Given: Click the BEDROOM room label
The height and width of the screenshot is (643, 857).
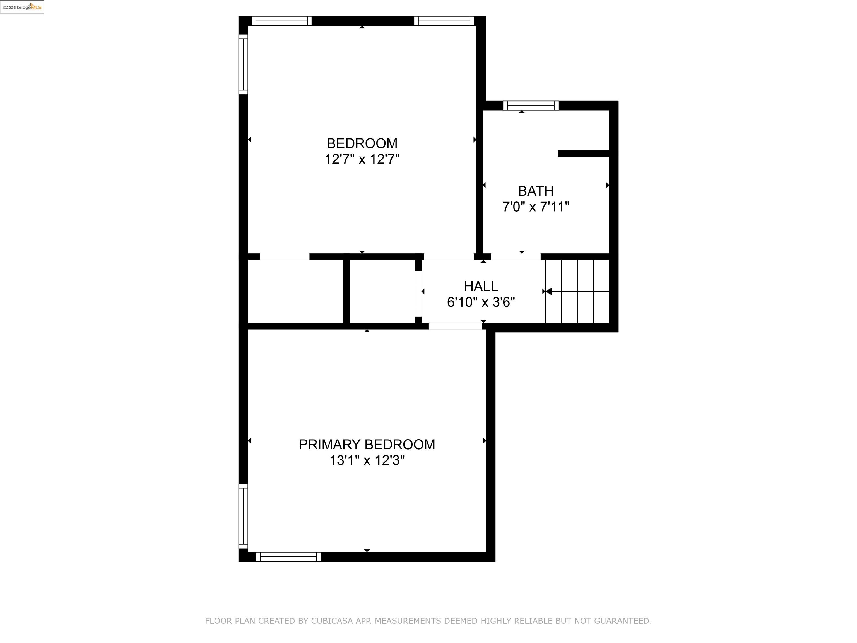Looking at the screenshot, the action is tap(362, 143).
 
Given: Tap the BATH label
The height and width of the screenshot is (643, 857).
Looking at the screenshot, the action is tap(536, 191).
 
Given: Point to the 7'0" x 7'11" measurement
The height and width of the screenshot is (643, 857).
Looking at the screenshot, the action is tap(536, 207).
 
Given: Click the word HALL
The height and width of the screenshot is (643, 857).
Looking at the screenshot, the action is tap(481, 286).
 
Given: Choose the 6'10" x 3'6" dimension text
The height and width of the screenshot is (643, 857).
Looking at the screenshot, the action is tap(481, 302).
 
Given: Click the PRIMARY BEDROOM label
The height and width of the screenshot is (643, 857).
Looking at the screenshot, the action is tap(367, 445).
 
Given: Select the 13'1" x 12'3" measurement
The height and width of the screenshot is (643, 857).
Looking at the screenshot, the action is tap(367, 460).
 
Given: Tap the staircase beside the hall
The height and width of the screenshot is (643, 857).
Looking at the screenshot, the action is tap(577, 291).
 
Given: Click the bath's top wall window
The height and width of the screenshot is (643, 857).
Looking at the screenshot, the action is tap(531, 105).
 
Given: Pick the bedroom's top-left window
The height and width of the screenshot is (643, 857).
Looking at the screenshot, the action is tap(282, 21).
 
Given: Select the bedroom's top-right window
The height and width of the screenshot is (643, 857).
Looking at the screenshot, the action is tap(444, 21).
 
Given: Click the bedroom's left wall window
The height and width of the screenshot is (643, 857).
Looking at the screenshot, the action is tap(243, 64).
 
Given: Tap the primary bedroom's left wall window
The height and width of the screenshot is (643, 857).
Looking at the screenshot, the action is tap(243, 516).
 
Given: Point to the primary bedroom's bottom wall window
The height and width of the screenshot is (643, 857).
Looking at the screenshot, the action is tap(288, 556).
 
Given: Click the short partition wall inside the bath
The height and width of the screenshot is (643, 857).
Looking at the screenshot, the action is tap(584, 153).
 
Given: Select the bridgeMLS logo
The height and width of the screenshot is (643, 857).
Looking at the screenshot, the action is tap(22, 7).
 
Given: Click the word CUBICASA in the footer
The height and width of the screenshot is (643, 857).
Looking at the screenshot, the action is tap(332, 621).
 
